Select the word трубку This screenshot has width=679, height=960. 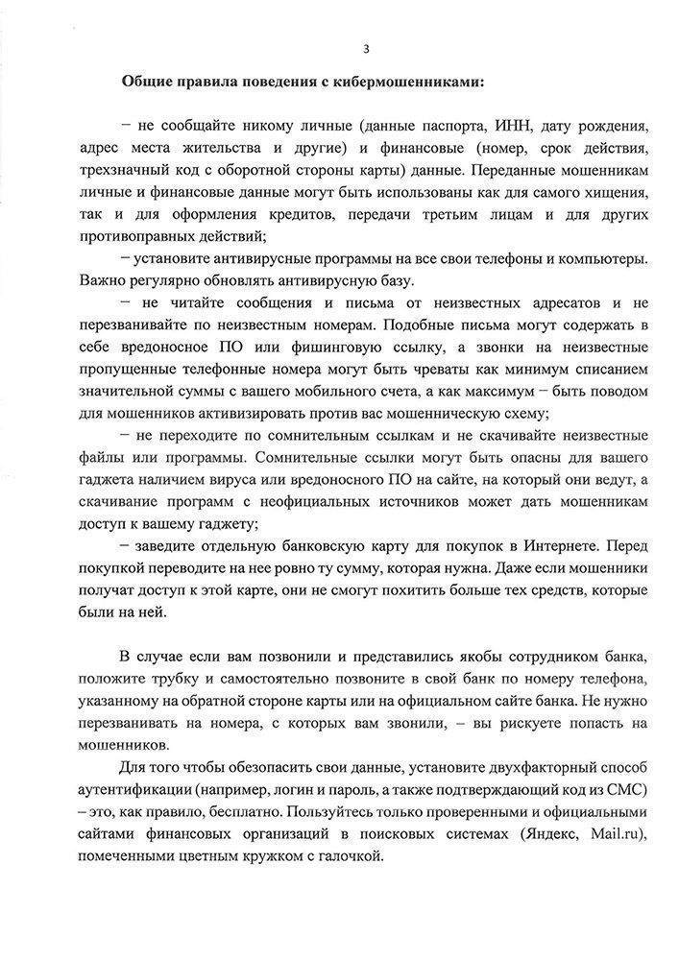tap(196, 679)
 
